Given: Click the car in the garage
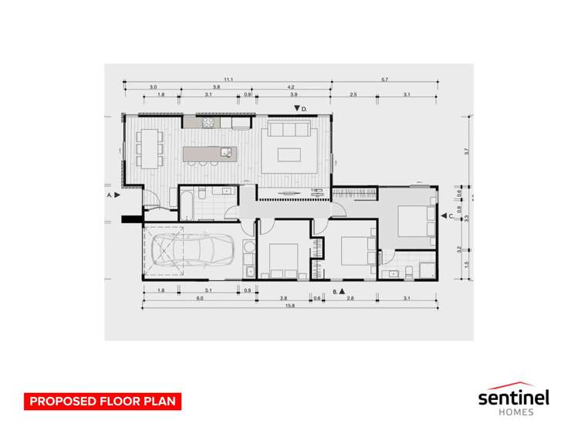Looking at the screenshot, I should [191, 251].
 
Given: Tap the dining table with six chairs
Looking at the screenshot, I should [149, 146].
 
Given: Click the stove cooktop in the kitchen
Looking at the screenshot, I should [209, 122].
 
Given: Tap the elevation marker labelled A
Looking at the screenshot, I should [117, 196].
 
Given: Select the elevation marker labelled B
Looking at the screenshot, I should [340, 291].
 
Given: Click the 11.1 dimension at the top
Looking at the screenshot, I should [228, 80].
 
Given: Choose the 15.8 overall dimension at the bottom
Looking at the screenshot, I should [290, 306].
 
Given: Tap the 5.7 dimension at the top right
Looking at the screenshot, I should [384, 80].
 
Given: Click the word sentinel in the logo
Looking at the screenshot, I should [512, 398].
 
